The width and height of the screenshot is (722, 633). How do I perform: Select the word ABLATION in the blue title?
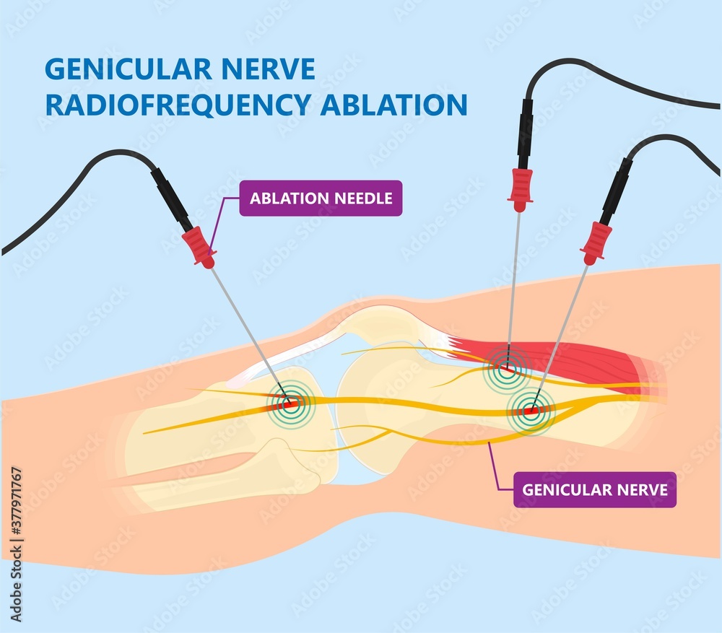tap(394, 105)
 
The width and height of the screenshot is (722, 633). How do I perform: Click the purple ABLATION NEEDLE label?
tap(321, 198)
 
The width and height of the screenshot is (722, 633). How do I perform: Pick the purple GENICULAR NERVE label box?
tap(595, 489)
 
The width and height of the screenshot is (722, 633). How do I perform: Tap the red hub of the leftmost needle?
tap(199, 248)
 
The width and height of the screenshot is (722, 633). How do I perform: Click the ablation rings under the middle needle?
tap(507, 369)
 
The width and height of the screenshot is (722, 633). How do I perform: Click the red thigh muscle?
tap(557, 364)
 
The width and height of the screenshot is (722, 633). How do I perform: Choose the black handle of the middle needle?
tap(525, 134)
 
